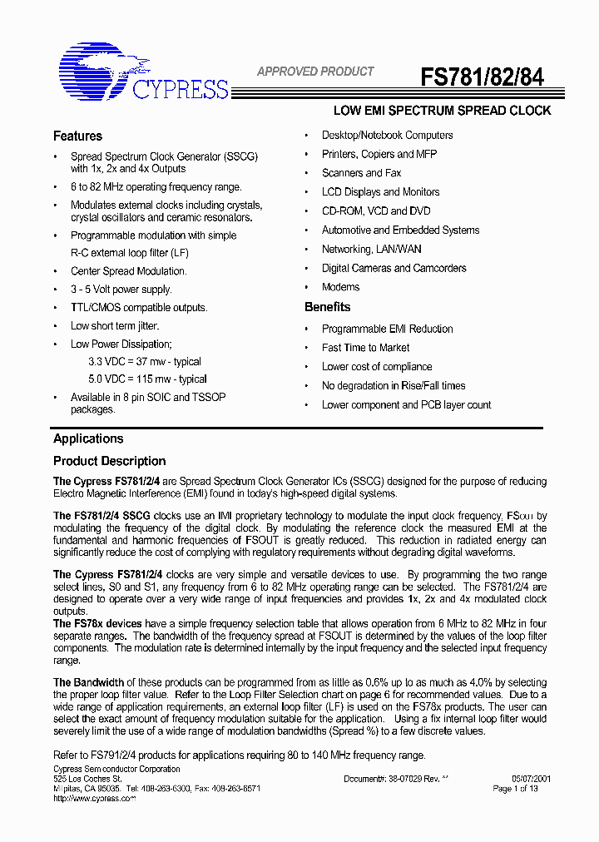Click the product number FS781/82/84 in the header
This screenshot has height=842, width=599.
click(482, 77)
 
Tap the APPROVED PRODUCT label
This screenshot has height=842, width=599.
click(315, 72)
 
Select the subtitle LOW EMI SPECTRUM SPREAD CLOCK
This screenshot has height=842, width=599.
click(442, 111)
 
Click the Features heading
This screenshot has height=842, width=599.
click(77, 136)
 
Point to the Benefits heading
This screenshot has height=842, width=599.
click(327, 307)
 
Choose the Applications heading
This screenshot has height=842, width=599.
click(88, 438)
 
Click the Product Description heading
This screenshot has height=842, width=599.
click(109, 461)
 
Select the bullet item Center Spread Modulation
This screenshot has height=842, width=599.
click(128, 271)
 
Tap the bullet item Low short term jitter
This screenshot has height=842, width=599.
click(114, 326)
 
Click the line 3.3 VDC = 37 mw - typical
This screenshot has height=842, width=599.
click(145, 362)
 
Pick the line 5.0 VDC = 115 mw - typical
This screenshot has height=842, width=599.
click(147, 379)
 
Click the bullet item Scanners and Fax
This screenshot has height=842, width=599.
click(361, 173)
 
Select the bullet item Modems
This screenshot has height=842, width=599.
click(340, 287)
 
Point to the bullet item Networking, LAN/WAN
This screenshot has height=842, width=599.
click(371, 249)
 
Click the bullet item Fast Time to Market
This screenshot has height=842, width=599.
click(365, 348)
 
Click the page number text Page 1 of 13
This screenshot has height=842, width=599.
click(515, 789)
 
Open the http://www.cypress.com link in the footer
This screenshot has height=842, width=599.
click(94, 798)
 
